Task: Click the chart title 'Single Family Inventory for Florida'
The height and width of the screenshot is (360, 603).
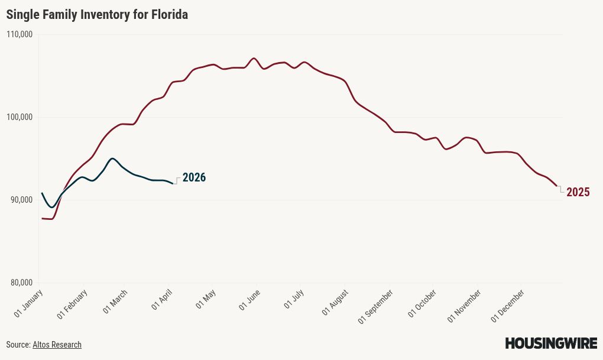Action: (97, 15)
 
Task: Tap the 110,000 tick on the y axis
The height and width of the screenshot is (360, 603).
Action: (20, 34)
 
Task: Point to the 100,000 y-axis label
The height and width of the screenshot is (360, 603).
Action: (20, 117)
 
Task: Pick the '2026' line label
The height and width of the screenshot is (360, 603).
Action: (194, 177)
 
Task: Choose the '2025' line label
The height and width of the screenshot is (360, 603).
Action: (578, 192)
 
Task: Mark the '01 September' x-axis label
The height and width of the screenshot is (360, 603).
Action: (376, 306)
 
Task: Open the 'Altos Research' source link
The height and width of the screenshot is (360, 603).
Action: (57, 345)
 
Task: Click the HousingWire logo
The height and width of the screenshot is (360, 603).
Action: (551, 343)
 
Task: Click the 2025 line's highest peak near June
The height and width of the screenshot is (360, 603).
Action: (254, 58)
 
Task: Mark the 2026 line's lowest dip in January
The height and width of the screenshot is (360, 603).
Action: (51, 207)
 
